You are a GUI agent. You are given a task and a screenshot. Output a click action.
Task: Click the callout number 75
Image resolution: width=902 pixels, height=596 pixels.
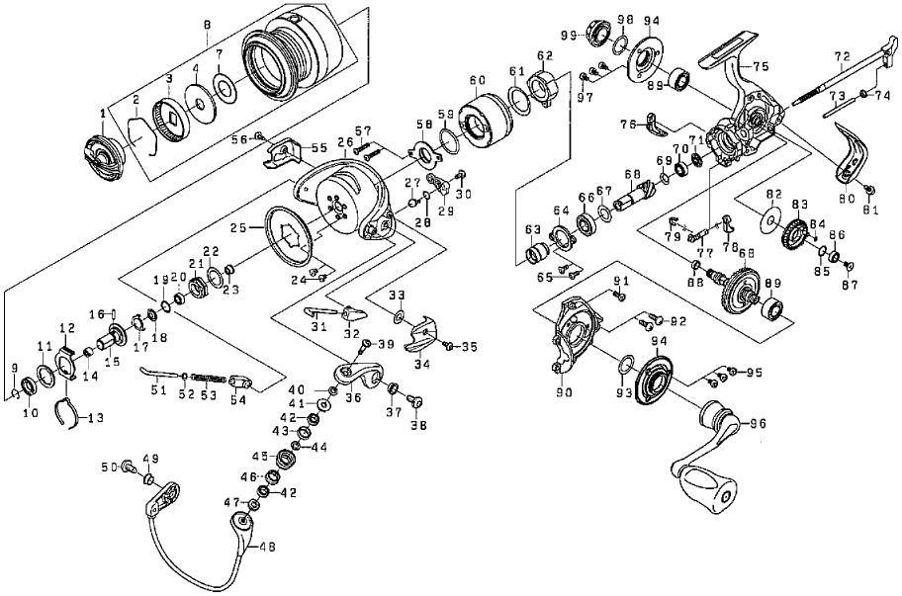(760, 65)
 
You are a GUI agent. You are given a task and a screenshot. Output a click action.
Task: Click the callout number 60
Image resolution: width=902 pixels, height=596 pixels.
(478, 79)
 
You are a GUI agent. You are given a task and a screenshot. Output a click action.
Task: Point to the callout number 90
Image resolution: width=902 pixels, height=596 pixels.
(564, 392)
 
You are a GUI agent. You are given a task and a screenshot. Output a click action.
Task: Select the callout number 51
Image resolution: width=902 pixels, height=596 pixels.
(152, 390)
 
